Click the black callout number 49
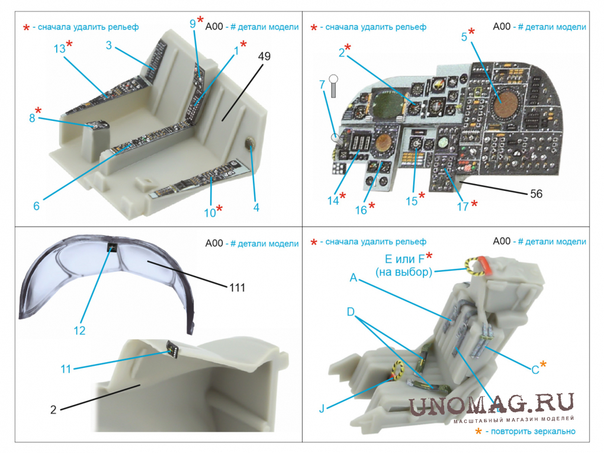click(264, 56)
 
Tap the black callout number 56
click(536, 194)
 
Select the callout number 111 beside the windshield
click(237, 287)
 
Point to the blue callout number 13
click(59, 49)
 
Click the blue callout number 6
click(36, 206)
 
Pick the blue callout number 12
click(79, 330)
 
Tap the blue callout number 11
click(66, 369)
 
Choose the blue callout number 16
click(361, 210)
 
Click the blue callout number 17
click(462, 207)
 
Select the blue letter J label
click(322, 409)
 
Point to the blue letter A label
click(354, 278)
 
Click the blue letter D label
click(351, 311)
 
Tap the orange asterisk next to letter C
click(543, 364)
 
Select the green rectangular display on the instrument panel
click(387, 102)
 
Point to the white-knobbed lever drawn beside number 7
click(333, 85)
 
